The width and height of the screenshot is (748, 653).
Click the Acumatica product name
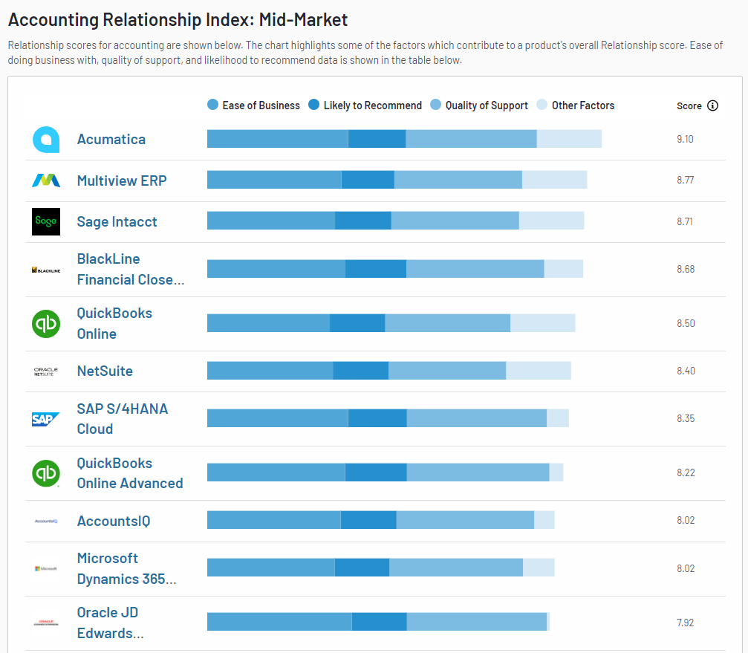click(x=111, y=139)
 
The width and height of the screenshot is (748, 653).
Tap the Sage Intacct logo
click(x=46, y=221)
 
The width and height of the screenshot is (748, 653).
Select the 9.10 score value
click(x=685, y=139)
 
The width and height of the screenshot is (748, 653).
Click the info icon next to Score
click(x=712, y=105)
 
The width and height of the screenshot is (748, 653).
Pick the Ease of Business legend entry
click(x=253, y=105)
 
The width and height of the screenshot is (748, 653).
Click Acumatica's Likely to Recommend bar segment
click(x=377, y=139)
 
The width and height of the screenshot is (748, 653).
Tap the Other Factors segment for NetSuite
click(x=539, y=371)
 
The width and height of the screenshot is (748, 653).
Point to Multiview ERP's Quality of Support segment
click(x=458, y=180)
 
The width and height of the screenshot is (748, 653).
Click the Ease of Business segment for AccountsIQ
click(x=273, y=520)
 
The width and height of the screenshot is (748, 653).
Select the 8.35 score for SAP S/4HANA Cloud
click(x=685, y=418)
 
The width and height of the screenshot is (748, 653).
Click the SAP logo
click(x=46, y=419)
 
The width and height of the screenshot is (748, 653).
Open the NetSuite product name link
click(x=105, y=371)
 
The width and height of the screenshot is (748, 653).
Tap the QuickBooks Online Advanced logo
click(x=46, y=473)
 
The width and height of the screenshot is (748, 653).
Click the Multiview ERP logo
click(x=46, y=180)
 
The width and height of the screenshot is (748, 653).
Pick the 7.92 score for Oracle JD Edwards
click(x=685, y=623)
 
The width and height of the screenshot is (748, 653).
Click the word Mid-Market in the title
click(x=303, y=19)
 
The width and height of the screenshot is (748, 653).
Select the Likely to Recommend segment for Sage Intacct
click(x=362, y=221)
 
